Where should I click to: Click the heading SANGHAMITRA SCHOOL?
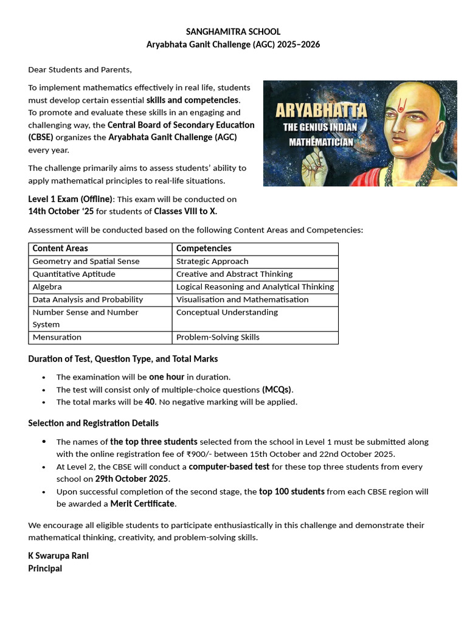(x=233, y=32)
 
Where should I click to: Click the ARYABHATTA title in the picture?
(x=322, y=111)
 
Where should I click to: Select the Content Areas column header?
(x=60, y=248)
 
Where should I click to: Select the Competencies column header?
(x=204, y=248)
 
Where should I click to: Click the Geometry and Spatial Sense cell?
(x=86, y=261)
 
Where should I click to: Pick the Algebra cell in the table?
(x=47, y=287)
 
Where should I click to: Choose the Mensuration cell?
(x=57, y=337)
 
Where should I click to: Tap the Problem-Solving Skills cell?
(x=218, y=337)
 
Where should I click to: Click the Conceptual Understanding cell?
(x=227, y=312)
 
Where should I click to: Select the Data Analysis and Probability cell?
(x=88, y=299)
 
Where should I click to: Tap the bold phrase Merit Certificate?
(x=142, y=504)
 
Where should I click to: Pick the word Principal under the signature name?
(x=45, y=568)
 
